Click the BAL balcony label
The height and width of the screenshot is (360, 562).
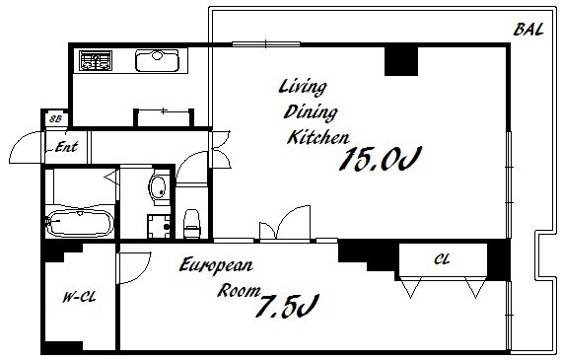click(528, 30)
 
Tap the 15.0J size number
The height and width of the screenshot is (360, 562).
click(380, 159)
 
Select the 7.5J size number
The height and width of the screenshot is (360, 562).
click(288, 306)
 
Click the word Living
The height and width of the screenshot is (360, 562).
click(303, 88)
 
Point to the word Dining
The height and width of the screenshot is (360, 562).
click(311, 112)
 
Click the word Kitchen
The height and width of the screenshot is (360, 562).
click(318, 137)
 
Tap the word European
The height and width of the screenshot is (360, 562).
click(216, 266)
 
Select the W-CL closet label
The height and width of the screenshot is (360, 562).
click(80, 297)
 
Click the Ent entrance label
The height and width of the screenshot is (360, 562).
click(66, 147)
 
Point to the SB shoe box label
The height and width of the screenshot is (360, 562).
click(55, 119)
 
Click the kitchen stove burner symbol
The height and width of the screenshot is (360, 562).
click(96, 60)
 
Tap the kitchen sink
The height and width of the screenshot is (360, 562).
click(157, 60)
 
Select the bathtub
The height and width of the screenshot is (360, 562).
click(80, 223)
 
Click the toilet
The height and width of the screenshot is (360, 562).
click(191, 224)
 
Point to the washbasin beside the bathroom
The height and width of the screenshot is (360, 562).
click(159, 187)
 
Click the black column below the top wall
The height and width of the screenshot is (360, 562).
click(401, 61)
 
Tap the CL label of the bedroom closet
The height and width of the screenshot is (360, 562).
click(442, 259)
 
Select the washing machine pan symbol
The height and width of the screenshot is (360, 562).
click(159, 226)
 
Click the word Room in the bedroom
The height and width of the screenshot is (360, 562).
click(239, 290)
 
